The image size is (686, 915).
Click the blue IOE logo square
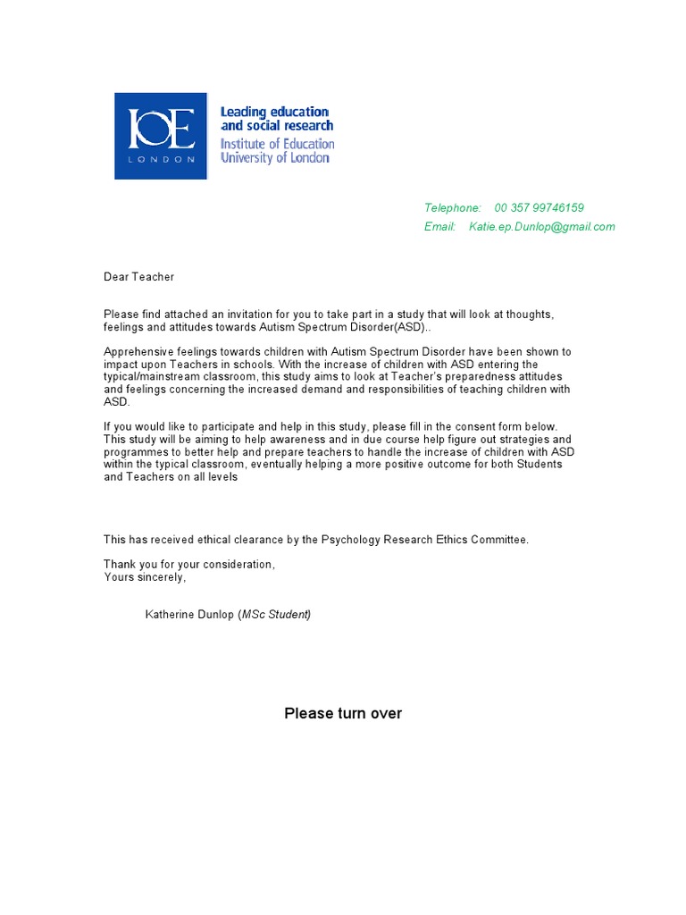[161, 136]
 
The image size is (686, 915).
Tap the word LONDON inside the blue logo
[161, 159]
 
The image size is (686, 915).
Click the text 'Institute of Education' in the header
[277, 143]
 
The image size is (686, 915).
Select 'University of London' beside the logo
[275, 158]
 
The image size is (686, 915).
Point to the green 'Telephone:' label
[452, 208]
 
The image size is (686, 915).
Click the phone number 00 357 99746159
[539, 208]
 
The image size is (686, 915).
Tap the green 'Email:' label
[439, 227]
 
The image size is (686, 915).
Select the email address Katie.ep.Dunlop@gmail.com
[541, 227]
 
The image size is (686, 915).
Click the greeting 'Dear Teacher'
[138, 277]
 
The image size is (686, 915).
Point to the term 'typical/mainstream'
[153, 377]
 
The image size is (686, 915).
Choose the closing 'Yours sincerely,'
[145, 577]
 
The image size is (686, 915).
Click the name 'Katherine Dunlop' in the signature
[189, 615]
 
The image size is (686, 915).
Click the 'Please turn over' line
[343, 713]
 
